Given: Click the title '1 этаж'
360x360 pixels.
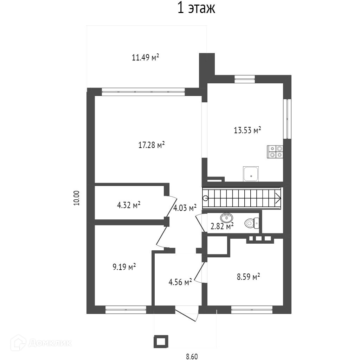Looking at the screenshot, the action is click(x=196, y=8).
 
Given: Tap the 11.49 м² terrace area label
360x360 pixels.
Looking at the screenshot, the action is click(x=146, y=58).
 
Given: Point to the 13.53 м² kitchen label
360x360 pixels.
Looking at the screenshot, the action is click(x=247, y=130).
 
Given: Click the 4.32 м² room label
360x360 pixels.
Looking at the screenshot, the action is click(x=129, y=205).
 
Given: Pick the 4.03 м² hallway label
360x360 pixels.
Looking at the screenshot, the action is click(x=185, y=208).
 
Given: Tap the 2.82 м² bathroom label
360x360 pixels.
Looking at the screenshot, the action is click(x=222, y=226).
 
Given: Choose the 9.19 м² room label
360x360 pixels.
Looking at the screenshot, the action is click(x=124, y=267).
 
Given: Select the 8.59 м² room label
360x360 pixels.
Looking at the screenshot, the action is click(x=248, y=277).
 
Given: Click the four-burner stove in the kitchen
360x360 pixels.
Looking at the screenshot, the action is click(x=275, y=152).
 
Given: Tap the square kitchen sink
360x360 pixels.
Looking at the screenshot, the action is click(x=251, y=174).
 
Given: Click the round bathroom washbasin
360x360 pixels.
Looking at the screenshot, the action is click(x=227, y=218).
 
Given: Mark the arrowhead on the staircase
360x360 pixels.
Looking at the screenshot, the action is click(x=278, y=198).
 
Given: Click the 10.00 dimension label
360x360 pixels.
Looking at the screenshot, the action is click(x=77, y=198).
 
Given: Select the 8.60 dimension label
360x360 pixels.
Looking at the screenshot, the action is click(x=192, y=356).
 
